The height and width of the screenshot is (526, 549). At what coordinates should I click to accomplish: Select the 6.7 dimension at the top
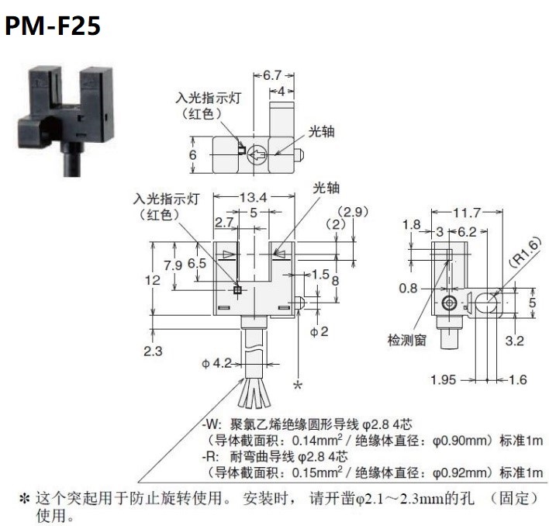[272, 75]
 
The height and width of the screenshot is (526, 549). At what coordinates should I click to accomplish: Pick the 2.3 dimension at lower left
[153, 351]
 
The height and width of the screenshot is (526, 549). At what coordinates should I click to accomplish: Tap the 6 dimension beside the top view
[194, 154]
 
